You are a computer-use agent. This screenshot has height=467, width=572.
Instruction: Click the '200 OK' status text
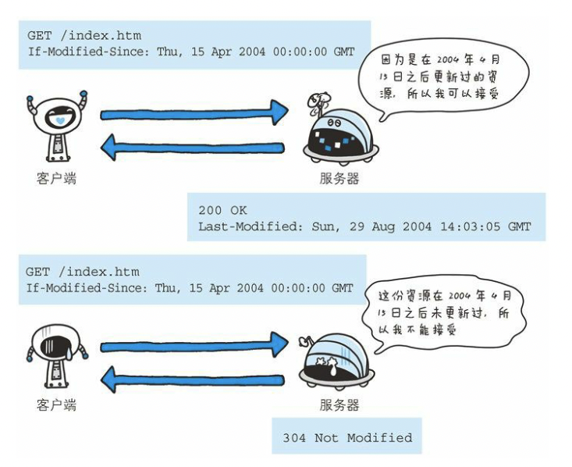[222, 210]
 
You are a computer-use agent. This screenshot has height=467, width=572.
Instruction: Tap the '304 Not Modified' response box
[347, 437]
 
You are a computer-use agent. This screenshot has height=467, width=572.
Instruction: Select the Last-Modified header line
[364, 226]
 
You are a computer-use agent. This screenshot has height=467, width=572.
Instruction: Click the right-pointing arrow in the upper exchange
[194, 113]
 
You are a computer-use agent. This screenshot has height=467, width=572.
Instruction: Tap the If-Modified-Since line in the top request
[190, 52]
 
